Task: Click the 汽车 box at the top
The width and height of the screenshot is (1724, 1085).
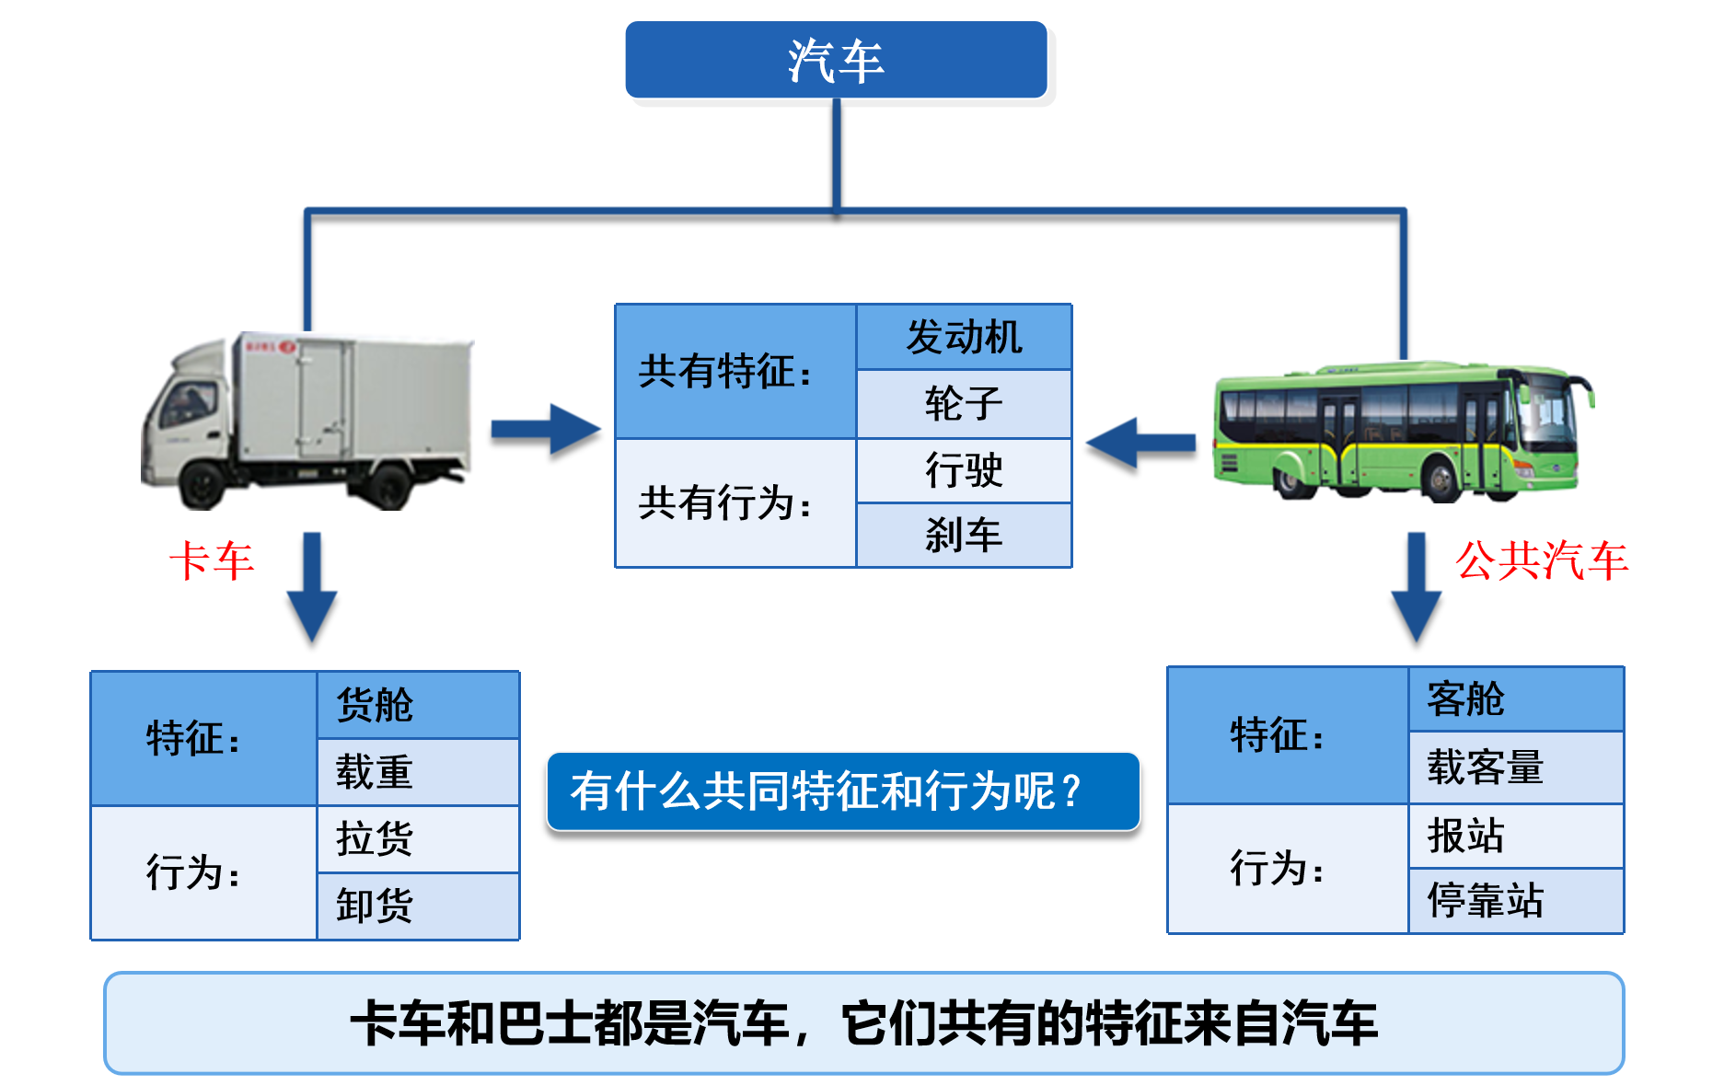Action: [x=836, y=60]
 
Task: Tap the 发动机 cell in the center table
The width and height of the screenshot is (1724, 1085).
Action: [x=964, y=337]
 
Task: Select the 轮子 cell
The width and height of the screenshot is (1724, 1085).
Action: [x=964, y=403]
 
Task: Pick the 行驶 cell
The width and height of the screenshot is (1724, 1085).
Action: [x=964, y=470]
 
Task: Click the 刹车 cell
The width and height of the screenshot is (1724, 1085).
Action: [x=964, y=535]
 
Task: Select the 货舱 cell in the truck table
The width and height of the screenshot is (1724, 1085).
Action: [x=418, y=704]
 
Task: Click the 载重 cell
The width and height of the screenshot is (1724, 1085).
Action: [x=418, y=771]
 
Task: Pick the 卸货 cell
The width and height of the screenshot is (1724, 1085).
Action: [x=418, y=906]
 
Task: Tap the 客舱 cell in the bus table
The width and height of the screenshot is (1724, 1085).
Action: [x=1515, y=699]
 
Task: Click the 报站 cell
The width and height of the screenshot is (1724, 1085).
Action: [x=1515, y=836]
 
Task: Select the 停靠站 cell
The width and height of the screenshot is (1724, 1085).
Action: [x=1515, y=900]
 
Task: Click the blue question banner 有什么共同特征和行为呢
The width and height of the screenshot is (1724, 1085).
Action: [x=842, y=791]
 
